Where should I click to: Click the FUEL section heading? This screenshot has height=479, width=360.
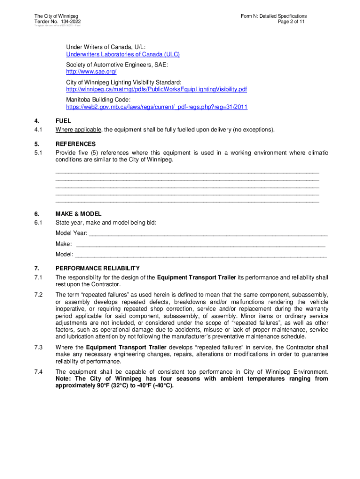click(63, 121)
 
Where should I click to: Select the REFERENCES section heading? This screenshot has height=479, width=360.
click(75, 144)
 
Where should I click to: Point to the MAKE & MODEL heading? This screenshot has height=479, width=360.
click(78, 214)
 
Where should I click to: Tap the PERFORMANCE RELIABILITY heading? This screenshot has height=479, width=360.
click(97, 269)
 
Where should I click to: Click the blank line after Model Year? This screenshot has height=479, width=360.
click(208, 233)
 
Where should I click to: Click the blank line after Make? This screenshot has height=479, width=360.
click(200, 244)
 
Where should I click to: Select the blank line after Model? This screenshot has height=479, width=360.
click(201, 255)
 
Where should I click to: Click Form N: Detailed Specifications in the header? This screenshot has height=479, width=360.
click(274, 16)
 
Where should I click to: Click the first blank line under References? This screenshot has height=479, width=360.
click(187, 172)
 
